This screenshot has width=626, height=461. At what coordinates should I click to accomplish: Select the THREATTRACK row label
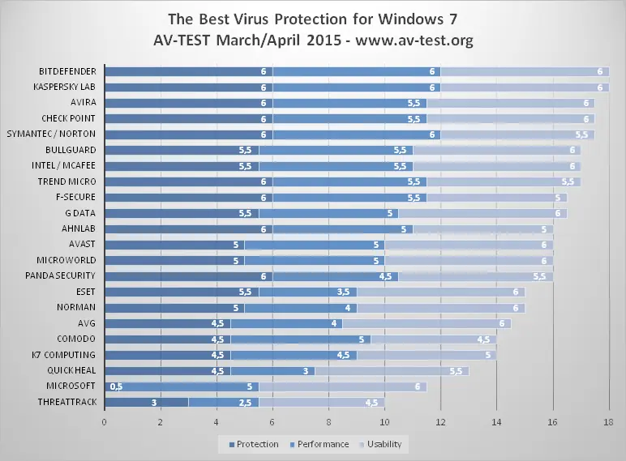67,402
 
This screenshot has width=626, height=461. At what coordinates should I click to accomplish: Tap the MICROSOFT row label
71,386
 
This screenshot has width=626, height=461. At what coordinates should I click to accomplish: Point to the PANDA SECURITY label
62,276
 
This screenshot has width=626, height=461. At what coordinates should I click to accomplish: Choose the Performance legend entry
321,444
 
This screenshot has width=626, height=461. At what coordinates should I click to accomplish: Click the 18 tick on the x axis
608,422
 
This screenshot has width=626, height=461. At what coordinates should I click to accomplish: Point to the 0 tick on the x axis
105,422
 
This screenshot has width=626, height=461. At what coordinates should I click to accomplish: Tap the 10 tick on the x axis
384,422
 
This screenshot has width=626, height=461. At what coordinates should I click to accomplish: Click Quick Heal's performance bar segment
272,370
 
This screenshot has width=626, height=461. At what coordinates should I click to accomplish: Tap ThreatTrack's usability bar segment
322,402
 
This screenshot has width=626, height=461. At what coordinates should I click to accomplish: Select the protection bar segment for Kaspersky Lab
188,87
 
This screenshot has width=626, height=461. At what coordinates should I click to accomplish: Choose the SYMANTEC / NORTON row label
53,134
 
